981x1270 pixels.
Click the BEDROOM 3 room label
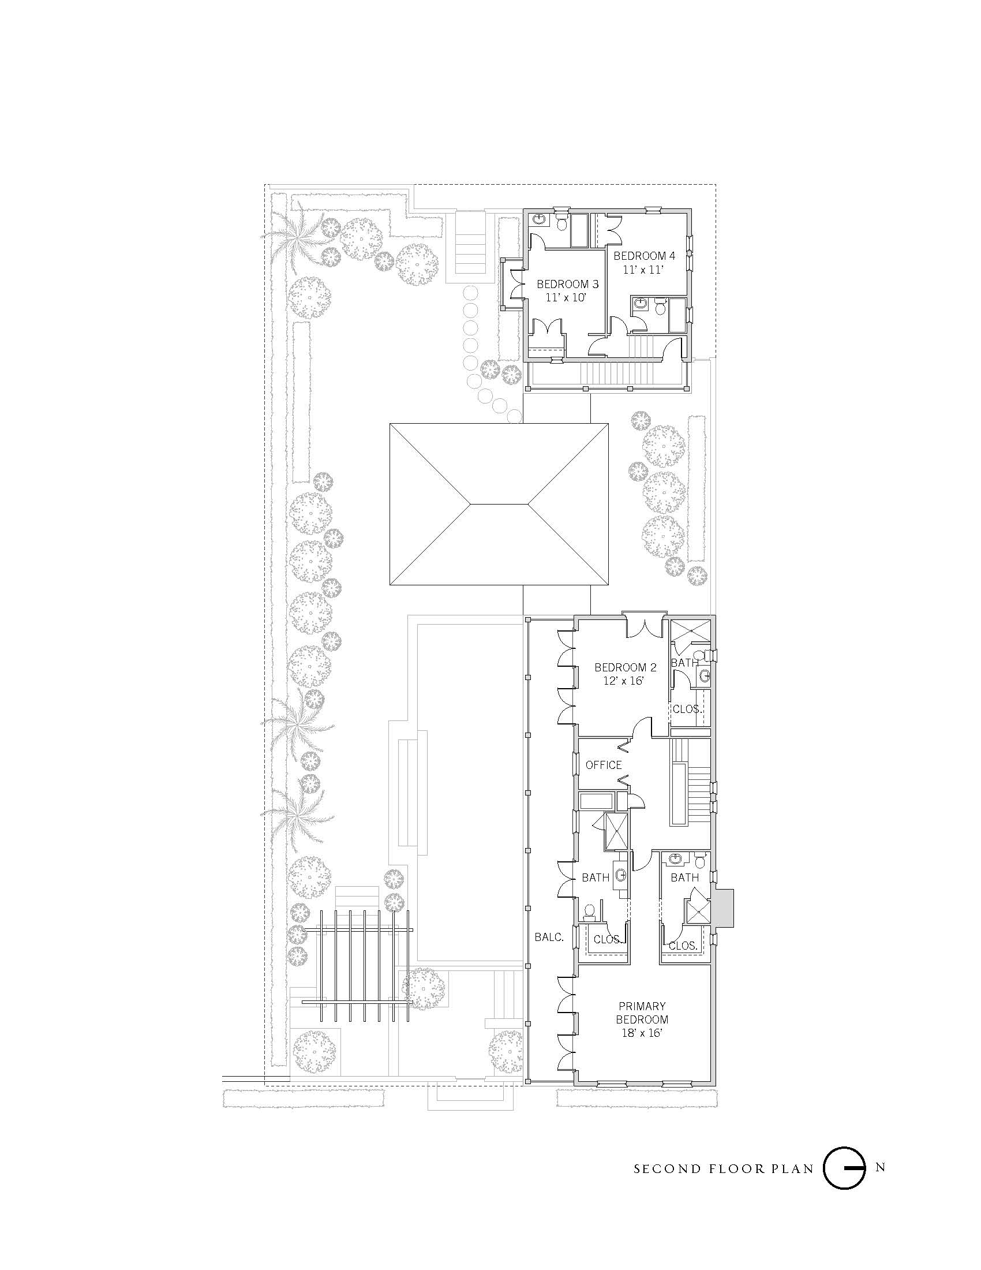[x=567, y=285]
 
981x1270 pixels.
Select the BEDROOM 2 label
[x=625, y=667]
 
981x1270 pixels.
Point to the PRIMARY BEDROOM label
[x=642, y=1013]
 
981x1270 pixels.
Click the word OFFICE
[x=603, y=765]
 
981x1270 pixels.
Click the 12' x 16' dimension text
[x=625, y=681]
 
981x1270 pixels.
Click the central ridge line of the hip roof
[x=499, y=503]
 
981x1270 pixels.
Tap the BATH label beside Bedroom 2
[x=684, y=662]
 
